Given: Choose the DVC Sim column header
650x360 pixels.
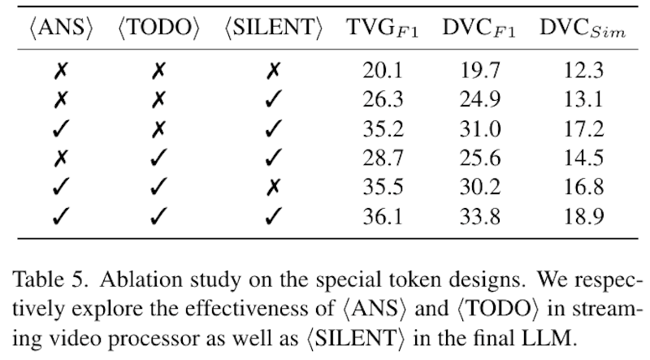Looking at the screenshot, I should (x=583, y=28).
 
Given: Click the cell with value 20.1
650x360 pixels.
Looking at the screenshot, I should (x=379, y=70).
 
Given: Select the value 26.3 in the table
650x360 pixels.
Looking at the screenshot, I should (x=379, y=99).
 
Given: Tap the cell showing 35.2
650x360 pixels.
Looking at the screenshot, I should (x=379, y=128).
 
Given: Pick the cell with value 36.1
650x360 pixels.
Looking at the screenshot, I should (x=379, y=216).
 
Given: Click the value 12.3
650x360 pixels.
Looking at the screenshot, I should (x=583, y=70).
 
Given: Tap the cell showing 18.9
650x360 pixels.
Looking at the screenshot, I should (x=583, y=216).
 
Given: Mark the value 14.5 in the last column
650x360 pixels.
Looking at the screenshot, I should (x=583, y=158).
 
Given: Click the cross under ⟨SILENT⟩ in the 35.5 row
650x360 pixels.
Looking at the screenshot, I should (x=273, y=187).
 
